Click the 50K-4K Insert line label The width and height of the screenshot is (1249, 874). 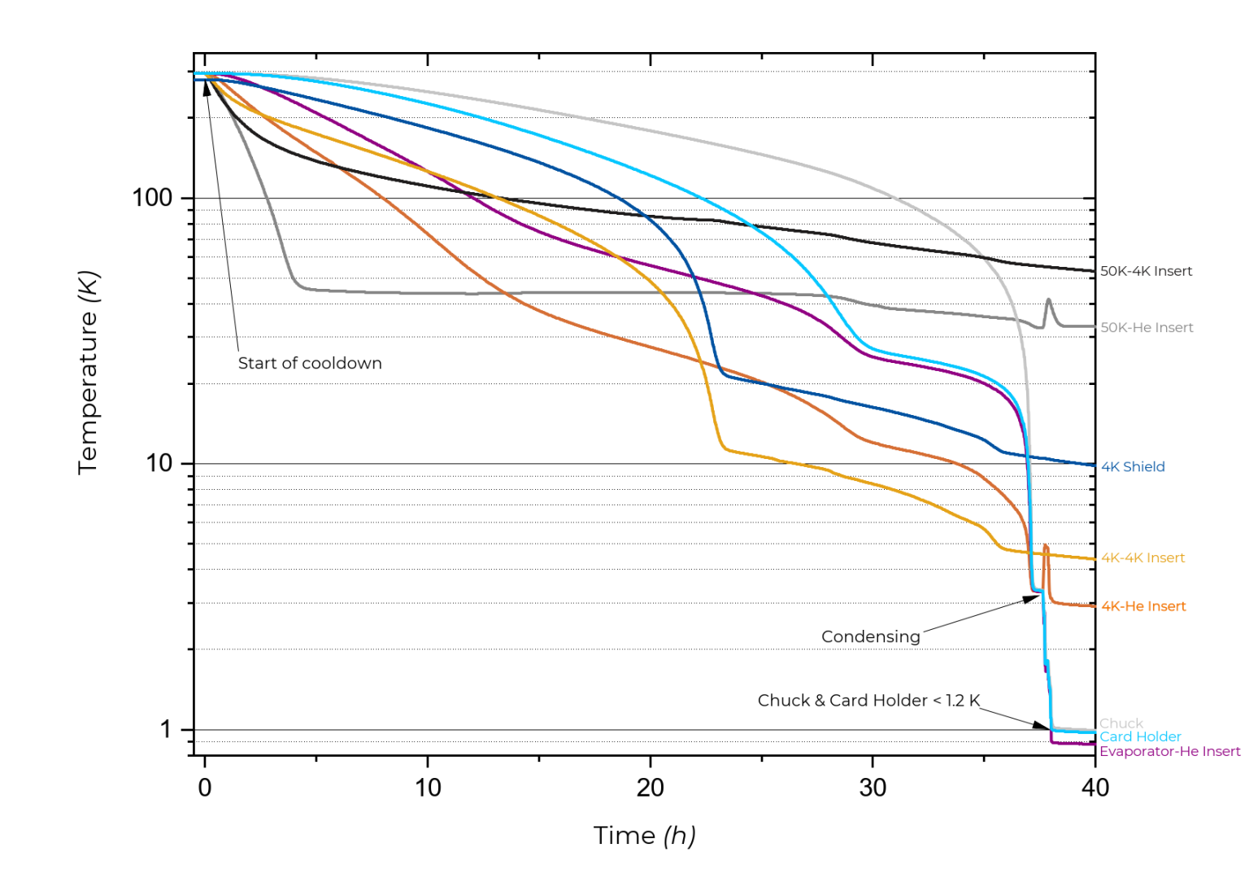click(x=1146, y=271)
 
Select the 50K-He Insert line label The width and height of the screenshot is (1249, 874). click(x=1147, y=327)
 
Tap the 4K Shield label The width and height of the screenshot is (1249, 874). click(x=1133, y=466)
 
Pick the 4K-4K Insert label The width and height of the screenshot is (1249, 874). click(x=1142, y=557)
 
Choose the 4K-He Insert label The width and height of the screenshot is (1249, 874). click(x=1143, y=606)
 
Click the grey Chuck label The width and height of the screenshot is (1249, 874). click(x=1121, y=723)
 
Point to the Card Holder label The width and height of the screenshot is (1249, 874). click(x=1140, y=736)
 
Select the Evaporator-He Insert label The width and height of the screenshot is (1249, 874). click(x=1169, y=751)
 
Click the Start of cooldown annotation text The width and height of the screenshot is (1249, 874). click(x=309, y=363)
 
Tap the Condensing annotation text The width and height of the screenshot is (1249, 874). click(x=870, y=636)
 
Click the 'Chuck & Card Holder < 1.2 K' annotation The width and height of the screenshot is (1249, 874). click(x=868, y=700)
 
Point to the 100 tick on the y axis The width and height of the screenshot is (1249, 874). click(x=152, y=198)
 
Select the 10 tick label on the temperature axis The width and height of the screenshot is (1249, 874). click(x=159, y=463)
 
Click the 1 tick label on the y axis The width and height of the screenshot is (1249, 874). click(x=166, y=729)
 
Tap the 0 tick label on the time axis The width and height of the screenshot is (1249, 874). click(x=205, y=787)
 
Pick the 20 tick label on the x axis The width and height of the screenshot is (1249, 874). click(x=650, y=787)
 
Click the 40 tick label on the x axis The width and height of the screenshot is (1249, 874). click(x=1095, y=787)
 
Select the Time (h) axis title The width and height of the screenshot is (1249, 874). click(x=644, y=835)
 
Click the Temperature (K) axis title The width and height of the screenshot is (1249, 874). click(x=88, y=372)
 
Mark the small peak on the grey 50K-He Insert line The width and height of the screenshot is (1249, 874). click(x=1048, y=300)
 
